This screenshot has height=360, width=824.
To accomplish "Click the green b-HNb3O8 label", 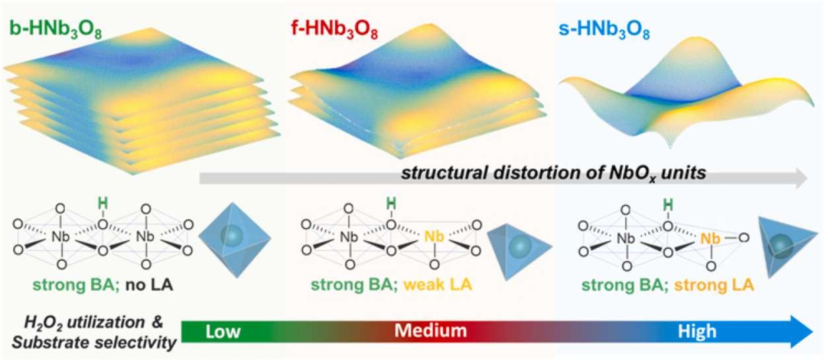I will (x=56, y=29).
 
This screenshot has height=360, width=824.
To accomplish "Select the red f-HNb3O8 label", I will (x=334, y=30).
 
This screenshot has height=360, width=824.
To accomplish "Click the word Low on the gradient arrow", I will (x=223, y=332).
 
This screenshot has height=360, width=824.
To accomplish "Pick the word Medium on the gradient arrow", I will (x=431, y=331).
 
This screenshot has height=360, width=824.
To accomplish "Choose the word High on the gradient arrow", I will (x=697, y=332).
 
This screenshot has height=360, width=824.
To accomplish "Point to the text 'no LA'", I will (x=149, y=285).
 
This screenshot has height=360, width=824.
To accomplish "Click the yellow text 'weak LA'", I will (x=438, y=284).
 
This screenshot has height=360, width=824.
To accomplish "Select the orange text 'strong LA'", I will (x=714, y=285).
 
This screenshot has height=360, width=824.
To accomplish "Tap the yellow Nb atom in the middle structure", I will (x=434, y=236).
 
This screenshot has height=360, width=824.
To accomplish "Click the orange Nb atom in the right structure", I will (x=710, y=239).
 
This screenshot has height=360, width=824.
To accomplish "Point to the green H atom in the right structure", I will (x=668, y=205).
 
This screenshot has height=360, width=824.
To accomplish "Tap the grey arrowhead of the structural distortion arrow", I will (x=800, y=178).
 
